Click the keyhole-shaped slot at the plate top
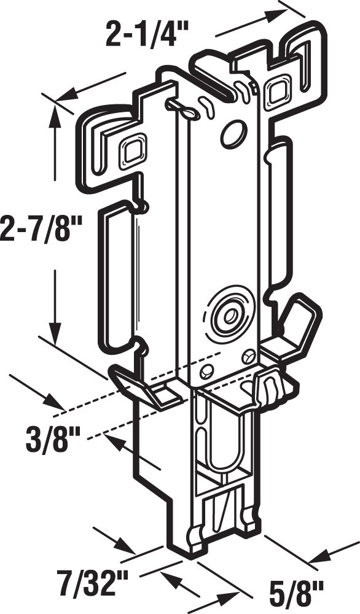click(182, 109)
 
